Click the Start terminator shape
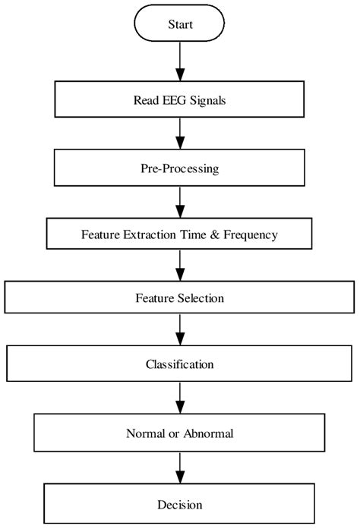tap(180, 24)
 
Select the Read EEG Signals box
tap(180, 99)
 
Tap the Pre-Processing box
tap(180, 169)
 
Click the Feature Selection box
tap(180, 298)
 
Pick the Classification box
tap(180, 364)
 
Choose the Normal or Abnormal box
tap(180, 434)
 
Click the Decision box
tap(180, 505)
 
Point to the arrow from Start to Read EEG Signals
tap(180, 61)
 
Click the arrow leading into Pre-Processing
tap(180, 134)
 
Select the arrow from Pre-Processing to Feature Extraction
tap(180, 202)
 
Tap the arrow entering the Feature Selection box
tap(180, 266)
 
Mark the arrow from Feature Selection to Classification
tap(180, 330)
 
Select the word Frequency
tap(250, 235)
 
